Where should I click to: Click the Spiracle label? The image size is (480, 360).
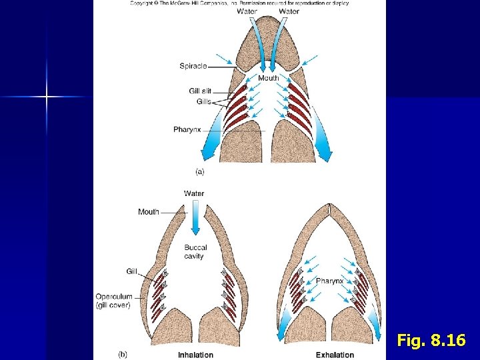click(193, 66)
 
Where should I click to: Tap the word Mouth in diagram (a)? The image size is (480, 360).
click(268, 78)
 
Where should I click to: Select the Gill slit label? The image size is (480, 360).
click(200, 91)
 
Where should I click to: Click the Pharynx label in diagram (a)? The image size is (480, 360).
click(187, 129)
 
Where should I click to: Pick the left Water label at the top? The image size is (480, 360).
click(247, 11)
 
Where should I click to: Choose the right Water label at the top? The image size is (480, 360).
click(289, 11)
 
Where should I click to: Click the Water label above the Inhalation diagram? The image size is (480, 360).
click(194, 193)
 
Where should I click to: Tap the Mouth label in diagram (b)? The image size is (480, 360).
click(149, 212)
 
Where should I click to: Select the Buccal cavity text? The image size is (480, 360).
click(196, 252)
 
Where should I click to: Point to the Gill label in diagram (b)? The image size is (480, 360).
click(131, 271)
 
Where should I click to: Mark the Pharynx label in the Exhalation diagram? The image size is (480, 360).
click(329, 281)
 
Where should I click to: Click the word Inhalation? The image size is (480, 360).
click(195, 355)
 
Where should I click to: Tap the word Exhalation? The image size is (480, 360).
click(335, 355)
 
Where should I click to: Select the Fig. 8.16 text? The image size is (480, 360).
click(431, 341)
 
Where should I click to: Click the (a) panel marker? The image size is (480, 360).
click(199, 171)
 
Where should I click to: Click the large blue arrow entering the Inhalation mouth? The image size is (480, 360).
click(195, 219)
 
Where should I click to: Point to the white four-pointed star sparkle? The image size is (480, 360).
click(47, 97)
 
